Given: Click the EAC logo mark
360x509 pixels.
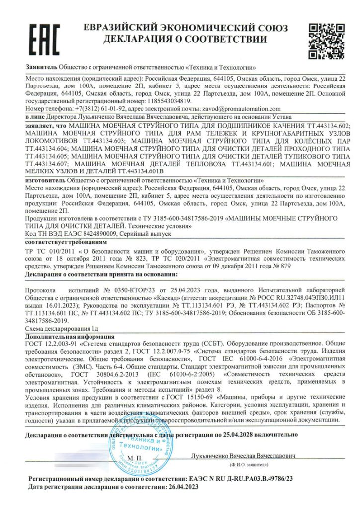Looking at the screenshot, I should click(43, 39).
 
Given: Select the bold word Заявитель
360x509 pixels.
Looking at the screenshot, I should click(41, 67).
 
